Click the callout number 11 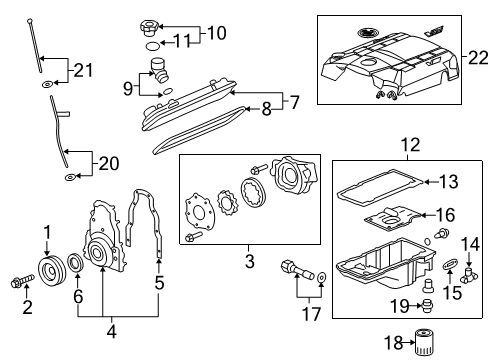tap(181, 41)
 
